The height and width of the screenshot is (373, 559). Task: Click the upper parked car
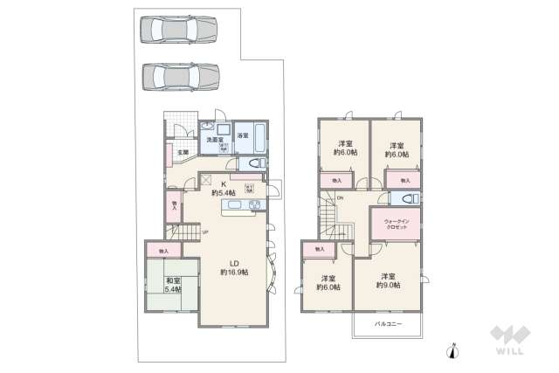(x=178, y=30)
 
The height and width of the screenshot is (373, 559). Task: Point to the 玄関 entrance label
(x=182, y=153)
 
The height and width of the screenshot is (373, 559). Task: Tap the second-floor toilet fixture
(x=409, y=198)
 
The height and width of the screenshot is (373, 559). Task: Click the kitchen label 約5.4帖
(x=223, y=189)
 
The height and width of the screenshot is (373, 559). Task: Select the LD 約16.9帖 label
(x=234, y=267)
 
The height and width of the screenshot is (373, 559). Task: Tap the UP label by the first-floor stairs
(x=205, y=231)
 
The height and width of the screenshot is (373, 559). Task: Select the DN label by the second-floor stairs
(x=341, y=197)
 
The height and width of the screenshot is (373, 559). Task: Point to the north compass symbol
(x=452, y=351)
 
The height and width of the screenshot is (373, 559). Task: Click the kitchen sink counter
(x=241, y=205)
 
